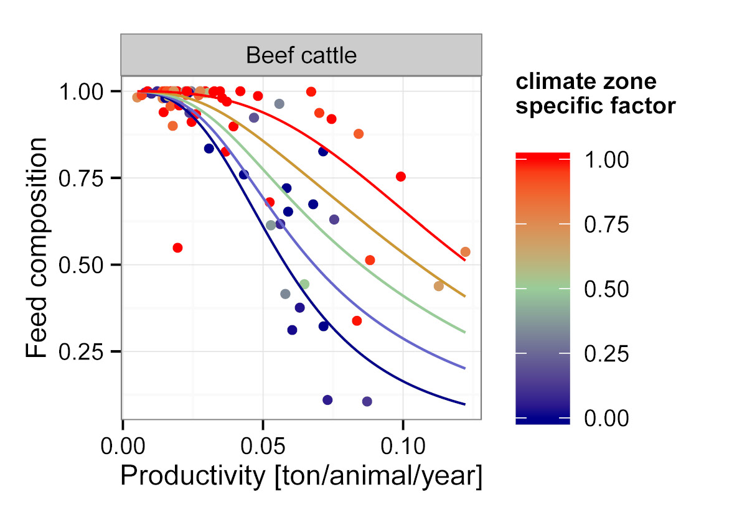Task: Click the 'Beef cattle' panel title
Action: [301, 55]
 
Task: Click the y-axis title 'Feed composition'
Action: [37, 248]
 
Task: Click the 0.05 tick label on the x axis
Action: [263, 447]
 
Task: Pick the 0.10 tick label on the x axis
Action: [403, 447]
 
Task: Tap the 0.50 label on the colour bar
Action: [606, 289]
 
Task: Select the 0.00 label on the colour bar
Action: [606, 418]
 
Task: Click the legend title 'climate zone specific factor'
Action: [596, 95]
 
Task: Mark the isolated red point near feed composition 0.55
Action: [177, 248]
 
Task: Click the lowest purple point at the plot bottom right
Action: [367, 402]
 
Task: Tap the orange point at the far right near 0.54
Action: [465, 252]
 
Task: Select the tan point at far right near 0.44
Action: [438, 286]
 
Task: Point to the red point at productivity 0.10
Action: [401, 177]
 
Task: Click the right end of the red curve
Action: [464, 261]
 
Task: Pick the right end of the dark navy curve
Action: [464, 404]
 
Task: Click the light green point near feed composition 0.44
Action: [304, 284]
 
